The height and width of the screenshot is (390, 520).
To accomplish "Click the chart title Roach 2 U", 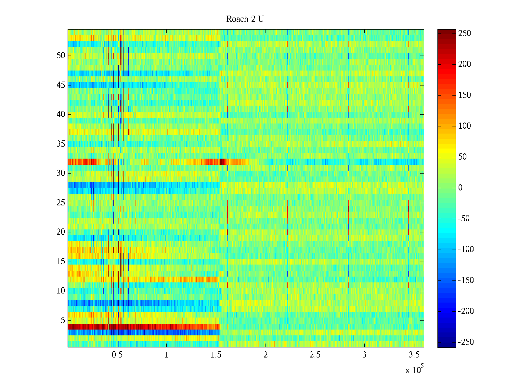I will coord(245,19).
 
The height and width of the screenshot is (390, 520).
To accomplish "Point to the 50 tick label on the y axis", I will coord(61,56).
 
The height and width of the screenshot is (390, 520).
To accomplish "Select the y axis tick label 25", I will coord(61,203).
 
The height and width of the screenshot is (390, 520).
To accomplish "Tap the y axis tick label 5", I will coord(63,320).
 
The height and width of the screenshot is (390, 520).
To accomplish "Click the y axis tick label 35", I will coord(61,144).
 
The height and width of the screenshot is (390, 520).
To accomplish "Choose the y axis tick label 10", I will coord(61,291).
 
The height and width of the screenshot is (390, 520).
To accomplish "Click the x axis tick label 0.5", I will coord(117,355).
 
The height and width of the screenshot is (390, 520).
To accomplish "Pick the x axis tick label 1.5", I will coord(216,355).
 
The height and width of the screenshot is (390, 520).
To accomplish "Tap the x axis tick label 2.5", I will coord(315,355).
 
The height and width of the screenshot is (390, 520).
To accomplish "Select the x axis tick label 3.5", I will coord(414,355).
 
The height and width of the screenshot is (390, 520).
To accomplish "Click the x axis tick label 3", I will coord(364,355).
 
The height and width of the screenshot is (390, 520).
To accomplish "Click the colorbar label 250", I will coord(464,33).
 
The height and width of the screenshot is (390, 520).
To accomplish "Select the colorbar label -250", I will coord(466,342).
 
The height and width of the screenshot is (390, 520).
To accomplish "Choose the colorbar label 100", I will coord(464,126).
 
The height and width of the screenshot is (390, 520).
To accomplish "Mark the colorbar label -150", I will coord(466,280).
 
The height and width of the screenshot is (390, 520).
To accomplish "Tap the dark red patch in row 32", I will coord(223,162).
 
